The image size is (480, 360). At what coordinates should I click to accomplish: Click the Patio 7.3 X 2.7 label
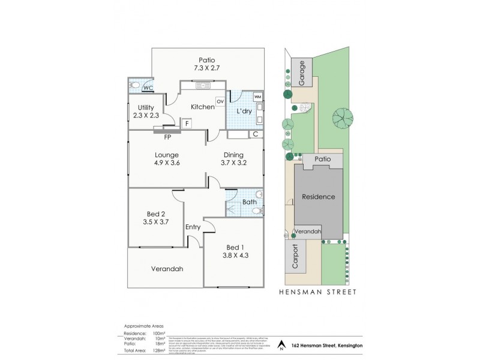pos(207,64)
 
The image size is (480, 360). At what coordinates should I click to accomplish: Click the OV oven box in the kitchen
pos(220,101)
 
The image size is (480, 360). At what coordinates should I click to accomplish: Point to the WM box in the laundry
pos(257,96)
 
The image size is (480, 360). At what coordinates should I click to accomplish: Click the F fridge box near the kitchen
pos(187,124)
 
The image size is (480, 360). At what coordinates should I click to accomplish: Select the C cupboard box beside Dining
pos(256,134)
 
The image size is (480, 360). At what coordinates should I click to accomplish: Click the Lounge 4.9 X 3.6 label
pos(167,158)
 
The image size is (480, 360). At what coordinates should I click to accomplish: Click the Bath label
pos(249,202)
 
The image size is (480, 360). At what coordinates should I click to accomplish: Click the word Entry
pos(193,227)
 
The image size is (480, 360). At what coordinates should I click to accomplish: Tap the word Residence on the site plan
pos(318,197)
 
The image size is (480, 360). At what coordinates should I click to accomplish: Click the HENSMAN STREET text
pos(318,292)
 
